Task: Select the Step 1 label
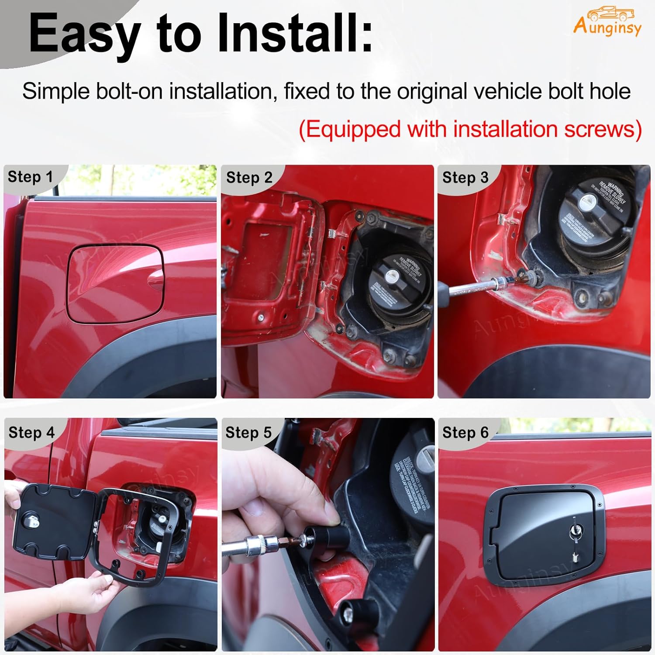pos(30,177)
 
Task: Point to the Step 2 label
pos(249,177)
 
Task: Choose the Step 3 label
pos(465,177)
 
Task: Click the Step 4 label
pos(31,432)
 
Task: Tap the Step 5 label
pos(248,432)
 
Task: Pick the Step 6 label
pos(465,432)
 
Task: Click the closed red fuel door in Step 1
pos(116,284)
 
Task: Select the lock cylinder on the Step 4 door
pos(34,521)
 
